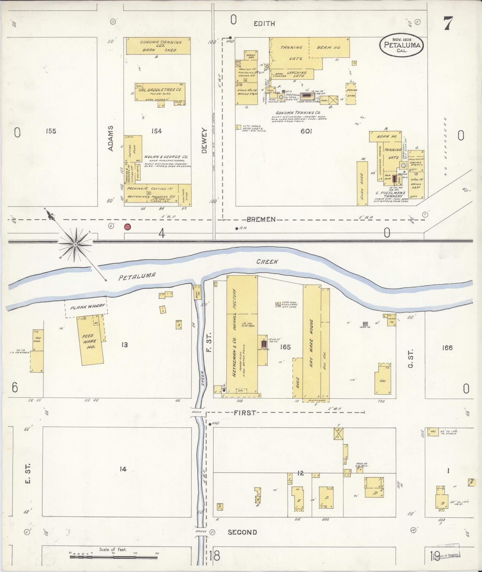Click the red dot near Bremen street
(128, 227)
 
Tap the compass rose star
(75, 245)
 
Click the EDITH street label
(264, 24)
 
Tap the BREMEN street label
(261, 219)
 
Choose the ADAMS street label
(111, 138)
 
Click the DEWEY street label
(204, 141)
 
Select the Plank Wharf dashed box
(86, 307)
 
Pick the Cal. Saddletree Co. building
(160, 91)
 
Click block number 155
(51, 131)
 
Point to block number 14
(123, 469)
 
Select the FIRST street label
(245, 413)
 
